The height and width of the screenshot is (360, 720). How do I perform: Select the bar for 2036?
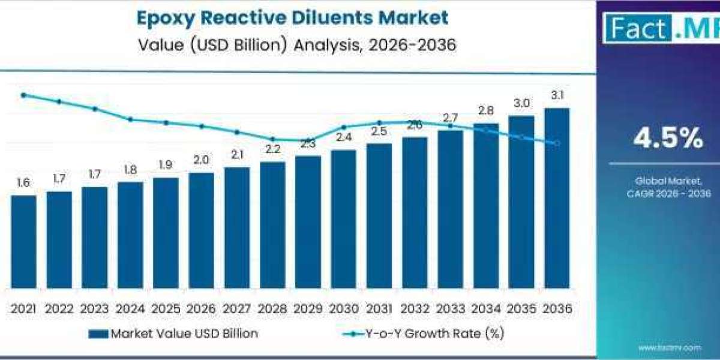556,198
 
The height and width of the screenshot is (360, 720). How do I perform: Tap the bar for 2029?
308,222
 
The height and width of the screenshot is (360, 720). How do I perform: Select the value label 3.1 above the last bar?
556,95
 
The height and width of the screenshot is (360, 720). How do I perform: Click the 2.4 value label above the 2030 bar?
343,137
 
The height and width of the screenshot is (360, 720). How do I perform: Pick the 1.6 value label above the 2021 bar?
23,183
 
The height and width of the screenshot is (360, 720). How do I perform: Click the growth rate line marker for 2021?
23,95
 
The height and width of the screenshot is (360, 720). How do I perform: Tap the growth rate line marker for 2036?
557,143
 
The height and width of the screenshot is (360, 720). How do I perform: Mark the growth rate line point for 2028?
272,139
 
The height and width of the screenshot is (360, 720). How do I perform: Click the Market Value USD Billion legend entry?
173,334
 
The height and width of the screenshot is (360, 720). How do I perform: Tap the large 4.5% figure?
668,139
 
